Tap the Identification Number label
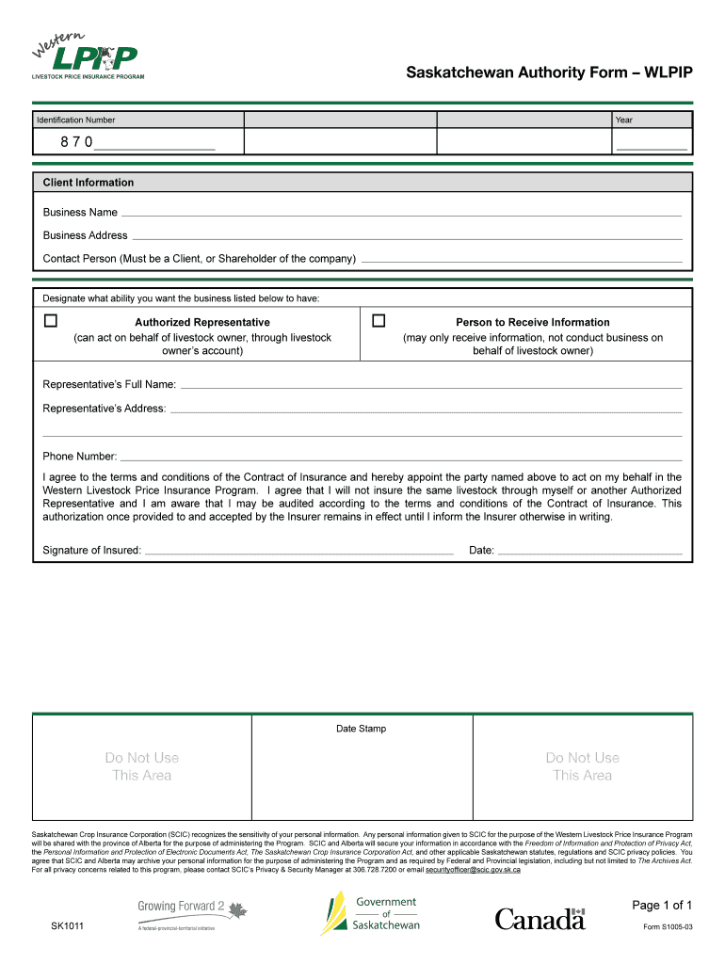pos(75,120)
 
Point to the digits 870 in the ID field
pos(77,142)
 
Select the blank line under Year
pos(651,147)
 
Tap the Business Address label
pos(85,235)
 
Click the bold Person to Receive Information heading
pos(532,322)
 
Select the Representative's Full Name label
pos(109,384)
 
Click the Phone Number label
pos(80,456)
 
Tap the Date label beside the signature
pos(481,551)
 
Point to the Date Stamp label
pos(362,729)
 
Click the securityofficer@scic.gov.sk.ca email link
pos(473,870)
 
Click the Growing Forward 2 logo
pos(191,913)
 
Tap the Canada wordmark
pos(540,919)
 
